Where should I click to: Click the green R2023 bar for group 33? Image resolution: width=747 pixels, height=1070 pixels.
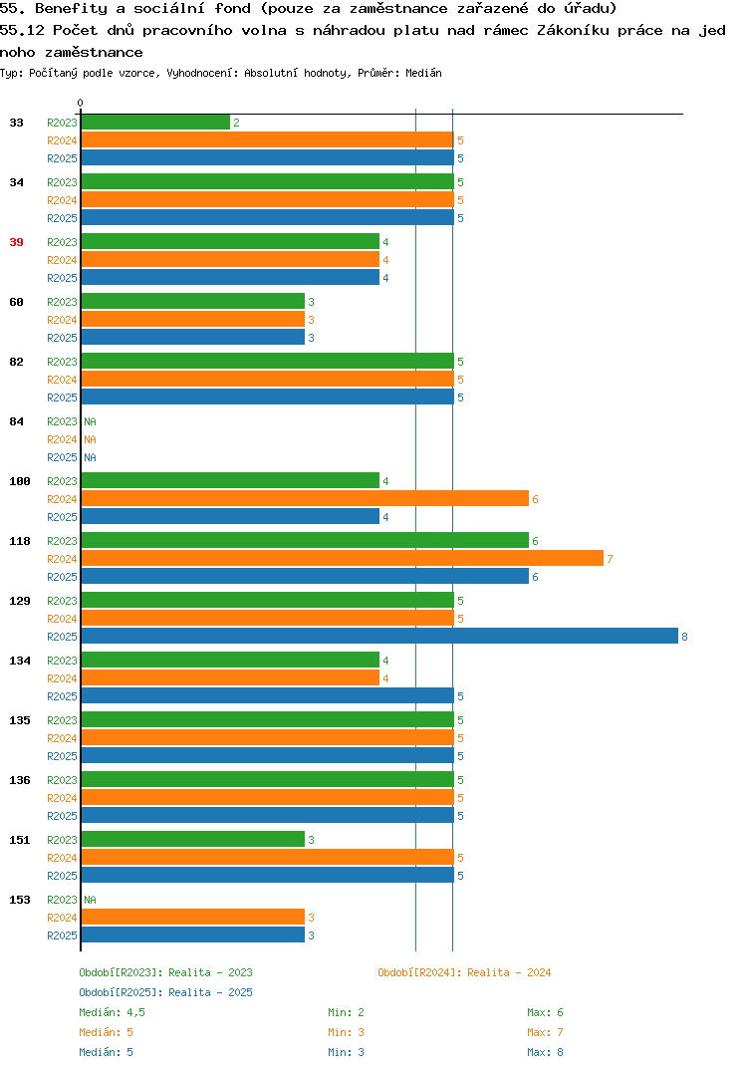tap(155, 123)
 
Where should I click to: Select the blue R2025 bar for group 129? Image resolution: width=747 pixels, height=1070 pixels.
tap(379, 636)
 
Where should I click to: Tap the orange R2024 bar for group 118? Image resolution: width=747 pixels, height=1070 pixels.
tap(343, 558)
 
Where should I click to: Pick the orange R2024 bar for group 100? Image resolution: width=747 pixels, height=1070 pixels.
tap(305, 499)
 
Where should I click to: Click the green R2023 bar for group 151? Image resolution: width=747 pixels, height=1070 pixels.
tap(193, 839)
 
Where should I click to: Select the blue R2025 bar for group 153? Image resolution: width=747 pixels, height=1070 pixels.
tap(193, 935)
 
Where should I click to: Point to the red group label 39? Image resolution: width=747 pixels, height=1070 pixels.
tap(16, 242)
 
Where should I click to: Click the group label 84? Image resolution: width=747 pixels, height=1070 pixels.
tap(16, 421)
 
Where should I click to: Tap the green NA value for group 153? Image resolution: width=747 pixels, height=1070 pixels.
tap(90, 900)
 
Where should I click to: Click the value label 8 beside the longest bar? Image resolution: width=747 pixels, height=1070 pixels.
tap(684, 637)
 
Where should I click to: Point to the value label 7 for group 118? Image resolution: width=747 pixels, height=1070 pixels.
tap(610, 559)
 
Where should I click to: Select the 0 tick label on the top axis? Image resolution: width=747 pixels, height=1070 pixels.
tap(80, 103)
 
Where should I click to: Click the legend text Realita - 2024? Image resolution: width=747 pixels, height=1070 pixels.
tap(509, 972)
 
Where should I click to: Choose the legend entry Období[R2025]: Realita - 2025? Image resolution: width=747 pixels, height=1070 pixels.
tap(165, 992)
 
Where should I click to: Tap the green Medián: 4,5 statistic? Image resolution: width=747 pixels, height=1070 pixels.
tap(112, 1012)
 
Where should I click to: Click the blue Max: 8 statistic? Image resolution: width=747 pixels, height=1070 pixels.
tap(545, 1052)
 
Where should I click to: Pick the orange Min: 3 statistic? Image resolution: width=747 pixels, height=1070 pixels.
tap(346, 1032)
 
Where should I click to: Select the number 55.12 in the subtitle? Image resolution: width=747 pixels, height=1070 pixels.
tap(22, 30)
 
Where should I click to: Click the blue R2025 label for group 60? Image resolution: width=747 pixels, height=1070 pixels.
tap(62, 338)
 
